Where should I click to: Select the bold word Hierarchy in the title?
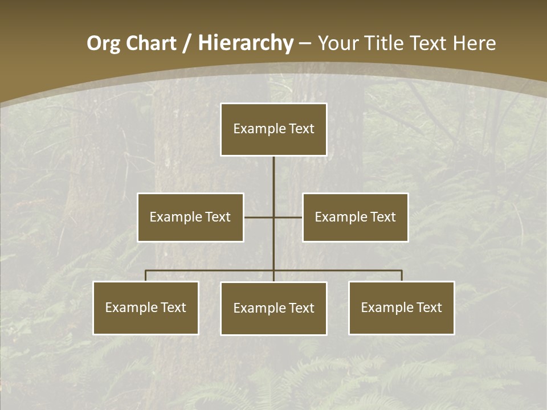(246, 43)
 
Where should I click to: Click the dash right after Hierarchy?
(305, 43)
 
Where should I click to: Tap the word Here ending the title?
(474, 43)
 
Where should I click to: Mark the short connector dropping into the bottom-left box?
(145, 276)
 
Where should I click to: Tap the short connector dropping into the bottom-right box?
(402, 276)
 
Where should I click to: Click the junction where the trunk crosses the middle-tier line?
(273, 217)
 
